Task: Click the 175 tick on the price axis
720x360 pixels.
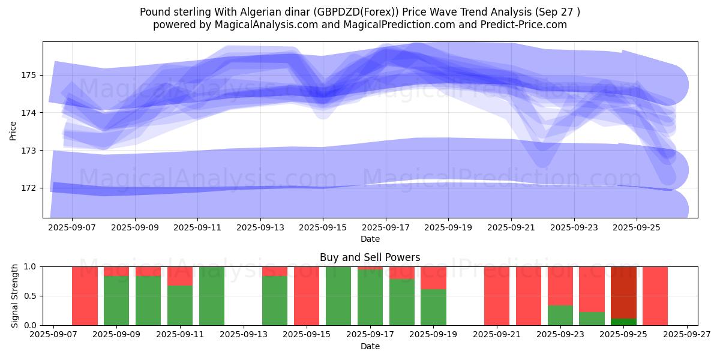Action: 29,75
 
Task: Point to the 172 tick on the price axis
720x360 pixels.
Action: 29,188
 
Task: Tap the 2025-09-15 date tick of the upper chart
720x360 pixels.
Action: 323,228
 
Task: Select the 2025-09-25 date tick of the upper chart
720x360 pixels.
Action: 637,228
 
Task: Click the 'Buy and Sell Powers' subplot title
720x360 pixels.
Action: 370,257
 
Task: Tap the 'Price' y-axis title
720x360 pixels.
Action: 13,130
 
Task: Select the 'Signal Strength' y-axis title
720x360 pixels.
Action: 14,296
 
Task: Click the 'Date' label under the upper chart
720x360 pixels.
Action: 370,239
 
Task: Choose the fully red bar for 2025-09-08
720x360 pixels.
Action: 85,296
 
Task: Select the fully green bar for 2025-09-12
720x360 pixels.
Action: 212,296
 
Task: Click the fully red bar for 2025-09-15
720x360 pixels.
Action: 307,296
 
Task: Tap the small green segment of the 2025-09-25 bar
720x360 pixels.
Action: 623,322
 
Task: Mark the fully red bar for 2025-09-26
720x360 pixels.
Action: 655,296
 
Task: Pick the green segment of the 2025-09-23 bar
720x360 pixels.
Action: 560,315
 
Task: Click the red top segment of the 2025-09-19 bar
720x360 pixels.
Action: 433,278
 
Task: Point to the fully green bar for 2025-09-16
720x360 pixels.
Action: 338,296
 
